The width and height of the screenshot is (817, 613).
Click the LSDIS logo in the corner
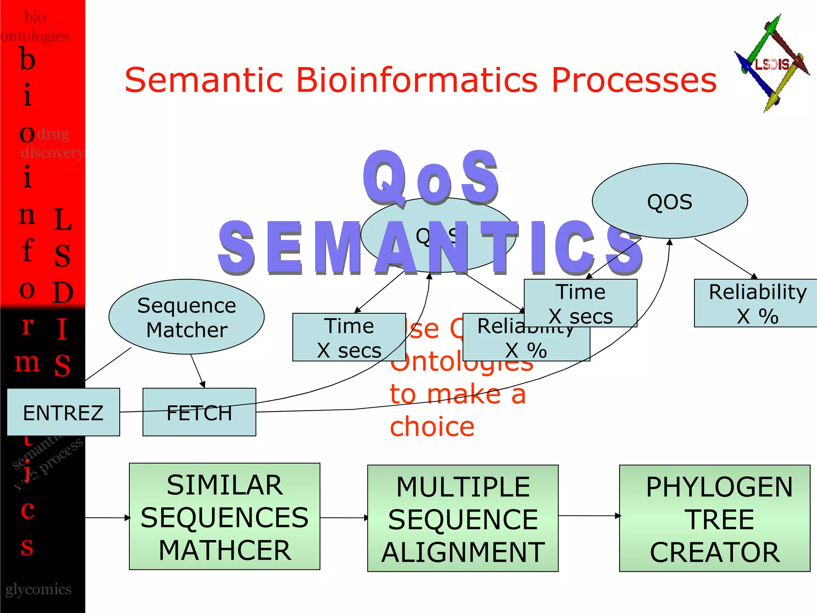[772, 64]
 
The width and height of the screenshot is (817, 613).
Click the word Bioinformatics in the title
[417, 80]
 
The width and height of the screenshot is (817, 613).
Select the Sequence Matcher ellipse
[186, 317]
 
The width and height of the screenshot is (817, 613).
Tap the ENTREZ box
[63, 412]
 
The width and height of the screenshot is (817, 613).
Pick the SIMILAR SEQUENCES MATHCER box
[225, 517]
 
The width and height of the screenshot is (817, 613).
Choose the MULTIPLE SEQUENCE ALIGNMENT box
[463, 519]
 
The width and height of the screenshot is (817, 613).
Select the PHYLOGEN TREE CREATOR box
[714, 519]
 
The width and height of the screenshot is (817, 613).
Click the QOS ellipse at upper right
[670, 201]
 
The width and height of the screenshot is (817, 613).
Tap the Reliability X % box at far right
[756, 304]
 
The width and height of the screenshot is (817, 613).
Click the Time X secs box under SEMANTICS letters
[580, 304]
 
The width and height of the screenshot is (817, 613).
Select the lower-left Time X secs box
[349, 338]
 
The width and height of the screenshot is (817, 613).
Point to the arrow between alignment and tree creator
[589, 516]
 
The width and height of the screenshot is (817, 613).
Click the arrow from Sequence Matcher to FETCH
[197, 371]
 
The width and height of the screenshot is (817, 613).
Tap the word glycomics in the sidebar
[38, 589]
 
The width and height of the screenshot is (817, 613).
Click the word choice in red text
[432, 427]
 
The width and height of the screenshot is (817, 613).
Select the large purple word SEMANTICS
[431, 248]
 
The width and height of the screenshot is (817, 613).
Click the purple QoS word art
[431, 178]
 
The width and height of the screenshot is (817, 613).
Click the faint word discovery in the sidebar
[52, 152]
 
